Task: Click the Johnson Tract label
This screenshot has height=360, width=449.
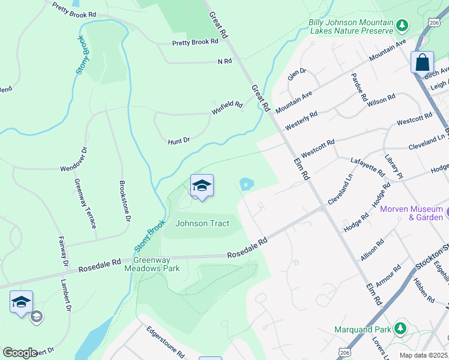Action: pyautogui.click(x=202, y=224)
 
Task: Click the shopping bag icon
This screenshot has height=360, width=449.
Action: pyautogui.click(x=422, y=62)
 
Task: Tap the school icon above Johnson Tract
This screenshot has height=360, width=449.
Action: pyautogui.click(x=202, y=185)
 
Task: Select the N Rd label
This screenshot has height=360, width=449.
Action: pyautogui.click(x=224, y=61)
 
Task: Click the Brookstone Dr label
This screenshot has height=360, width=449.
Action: pyautogui.click(x=124, y=202)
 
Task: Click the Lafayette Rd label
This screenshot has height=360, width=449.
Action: pyautogui.click(x=367, y=166)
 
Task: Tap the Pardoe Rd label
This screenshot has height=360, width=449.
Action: pyautogui.click(x=360, y=89)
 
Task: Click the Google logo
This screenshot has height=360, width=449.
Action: pyautogui.click(x=19, y=353)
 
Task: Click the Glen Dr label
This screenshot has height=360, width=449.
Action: pyautogui.click(x=297, y=74)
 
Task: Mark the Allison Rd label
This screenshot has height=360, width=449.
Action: pyautogui.click(x=372, y=250)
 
